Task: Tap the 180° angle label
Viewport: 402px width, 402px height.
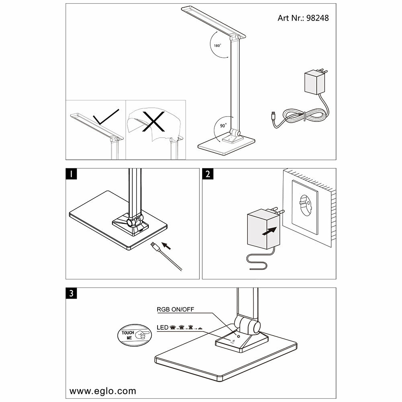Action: (x=217, y=46)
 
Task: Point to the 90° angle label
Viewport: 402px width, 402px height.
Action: (x=223, y=125)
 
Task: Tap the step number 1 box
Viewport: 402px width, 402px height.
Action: (x=72, y=174)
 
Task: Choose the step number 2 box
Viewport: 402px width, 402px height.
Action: (x=207, y=174)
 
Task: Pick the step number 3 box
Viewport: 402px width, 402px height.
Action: (x=72, y=293)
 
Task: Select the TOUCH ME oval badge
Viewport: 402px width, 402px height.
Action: (x=133, y=334)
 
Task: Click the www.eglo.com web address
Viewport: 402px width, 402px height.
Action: (x=103, y=391)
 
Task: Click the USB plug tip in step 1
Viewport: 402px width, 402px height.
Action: (x=154, y=245)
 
